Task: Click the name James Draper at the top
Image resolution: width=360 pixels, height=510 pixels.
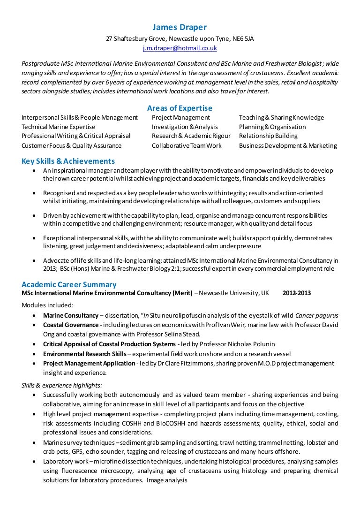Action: [180, 27]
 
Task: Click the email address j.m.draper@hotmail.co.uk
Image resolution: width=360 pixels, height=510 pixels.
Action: [180, 48]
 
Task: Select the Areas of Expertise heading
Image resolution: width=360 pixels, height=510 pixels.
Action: [180, 108]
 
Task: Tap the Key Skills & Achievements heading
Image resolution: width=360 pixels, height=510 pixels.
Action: [68, 161]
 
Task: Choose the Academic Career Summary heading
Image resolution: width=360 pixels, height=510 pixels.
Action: [69, 284]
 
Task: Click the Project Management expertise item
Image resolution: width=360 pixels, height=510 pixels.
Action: [180, 117]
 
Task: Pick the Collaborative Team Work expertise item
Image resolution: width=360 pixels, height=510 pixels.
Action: [187, 145]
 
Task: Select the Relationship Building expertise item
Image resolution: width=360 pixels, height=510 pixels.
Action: [268, 136]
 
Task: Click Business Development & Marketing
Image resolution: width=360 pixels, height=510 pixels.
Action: [288, 145]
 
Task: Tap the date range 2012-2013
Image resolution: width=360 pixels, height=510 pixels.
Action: [296, 293]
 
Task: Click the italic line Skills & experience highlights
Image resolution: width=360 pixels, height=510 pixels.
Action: [62, 385]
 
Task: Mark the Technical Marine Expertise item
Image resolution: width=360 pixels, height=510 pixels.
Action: [58, 127]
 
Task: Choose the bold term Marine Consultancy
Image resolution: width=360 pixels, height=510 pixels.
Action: [71, 315]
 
